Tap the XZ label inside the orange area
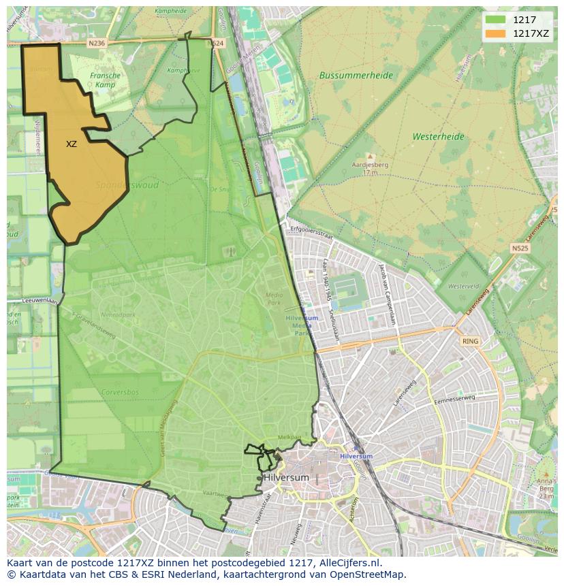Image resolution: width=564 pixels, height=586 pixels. pyautogui.click(x=72, y=144)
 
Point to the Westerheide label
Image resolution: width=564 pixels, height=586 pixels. pyautogui.click(x=438, y=137)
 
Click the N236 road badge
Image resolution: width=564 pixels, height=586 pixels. pyautogui.click(x=97, y=43)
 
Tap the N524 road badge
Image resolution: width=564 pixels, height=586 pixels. pyautogui.click(x=215, y=43)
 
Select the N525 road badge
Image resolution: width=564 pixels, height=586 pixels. pyautogui.click(x=520, y=248)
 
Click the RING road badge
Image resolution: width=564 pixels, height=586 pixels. pyautogui.click(x=470, y=341)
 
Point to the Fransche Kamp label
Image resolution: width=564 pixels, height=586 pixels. pyautogui.click(x=105, y=80)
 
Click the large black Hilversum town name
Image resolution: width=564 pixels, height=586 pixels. pyautogui.click(x=286, y=478)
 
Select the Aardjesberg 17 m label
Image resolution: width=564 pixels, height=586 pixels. pyautogui.click(x=370, y=168)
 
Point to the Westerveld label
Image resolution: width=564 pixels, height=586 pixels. pyautogui.click(x=464, y=287)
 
